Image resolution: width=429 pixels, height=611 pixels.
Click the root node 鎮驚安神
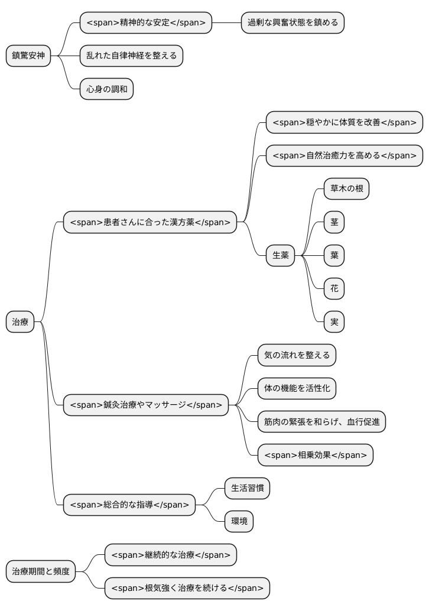coord(28,56)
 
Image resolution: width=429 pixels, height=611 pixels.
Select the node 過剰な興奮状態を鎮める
coord(292,23)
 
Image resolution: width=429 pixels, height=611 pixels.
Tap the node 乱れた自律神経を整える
coord(131,56)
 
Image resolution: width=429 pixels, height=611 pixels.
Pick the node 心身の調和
coord(106,89)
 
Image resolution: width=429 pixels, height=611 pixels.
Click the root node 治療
coord(20,322)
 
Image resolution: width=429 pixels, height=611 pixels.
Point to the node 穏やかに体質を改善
coord(344,122)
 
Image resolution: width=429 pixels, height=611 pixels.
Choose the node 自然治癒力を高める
coord(344,156)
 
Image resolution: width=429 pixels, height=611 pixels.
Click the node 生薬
coord(280,255)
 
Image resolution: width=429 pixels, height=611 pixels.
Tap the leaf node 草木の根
coord(346,189)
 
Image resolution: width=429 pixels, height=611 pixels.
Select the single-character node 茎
coord(334,222)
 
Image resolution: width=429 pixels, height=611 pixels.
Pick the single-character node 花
coord(334,289)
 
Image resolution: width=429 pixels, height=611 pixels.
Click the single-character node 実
coord(334,322)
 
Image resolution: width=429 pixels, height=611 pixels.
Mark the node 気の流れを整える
coord(297,355)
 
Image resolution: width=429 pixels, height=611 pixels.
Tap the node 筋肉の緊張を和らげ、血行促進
coord(321,422)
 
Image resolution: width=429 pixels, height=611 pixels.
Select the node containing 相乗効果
coord(315,455)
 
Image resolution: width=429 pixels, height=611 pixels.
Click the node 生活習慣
coord(247,488)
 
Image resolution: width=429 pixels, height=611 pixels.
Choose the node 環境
coord(239,522)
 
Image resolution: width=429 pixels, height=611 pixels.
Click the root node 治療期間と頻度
coord(41,571)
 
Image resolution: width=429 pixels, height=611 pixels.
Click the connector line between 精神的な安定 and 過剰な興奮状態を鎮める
coord(226,23)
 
